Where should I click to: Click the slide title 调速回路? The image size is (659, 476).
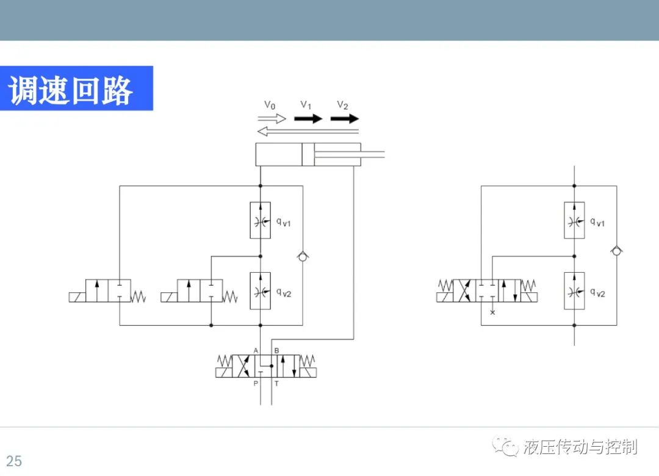71,90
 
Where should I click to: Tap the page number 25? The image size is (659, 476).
14,461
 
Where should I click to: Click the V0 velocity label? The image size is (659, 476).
270,105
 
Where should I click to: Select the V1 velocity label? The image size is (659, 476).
306,105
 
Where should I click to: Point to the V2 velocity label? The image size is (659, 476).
342,105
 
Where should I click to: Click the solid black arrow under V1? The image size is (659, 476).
308,118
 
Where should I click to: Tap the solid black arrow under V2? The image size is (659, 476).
345,118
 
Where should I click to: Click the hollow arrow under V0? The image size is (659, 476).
272,118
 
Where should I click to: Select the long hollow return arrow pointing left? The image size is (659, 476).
308,132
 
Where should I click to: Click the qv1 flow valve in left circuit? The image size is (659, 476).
260,220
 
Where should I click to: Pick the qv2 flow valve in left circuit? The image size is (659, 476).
260,291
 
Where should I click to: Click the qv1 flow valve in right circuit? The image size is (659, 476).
574,220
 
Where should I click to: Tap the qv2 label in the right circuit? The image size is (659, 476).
597,293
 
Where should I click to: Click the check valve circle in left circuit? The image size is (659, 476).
303,256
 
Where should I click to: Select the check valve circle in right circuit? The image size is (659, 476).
616,251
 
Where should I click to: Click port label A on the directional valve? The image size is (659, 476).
256,350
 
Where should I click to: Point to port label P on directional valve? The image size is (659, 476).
256,383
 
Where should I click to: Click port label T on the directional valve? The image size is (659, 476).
276,383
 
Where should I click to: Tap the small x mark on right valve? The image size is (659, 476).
492,312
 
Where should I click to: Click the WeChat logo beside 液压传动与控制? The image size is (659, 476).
505,446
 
